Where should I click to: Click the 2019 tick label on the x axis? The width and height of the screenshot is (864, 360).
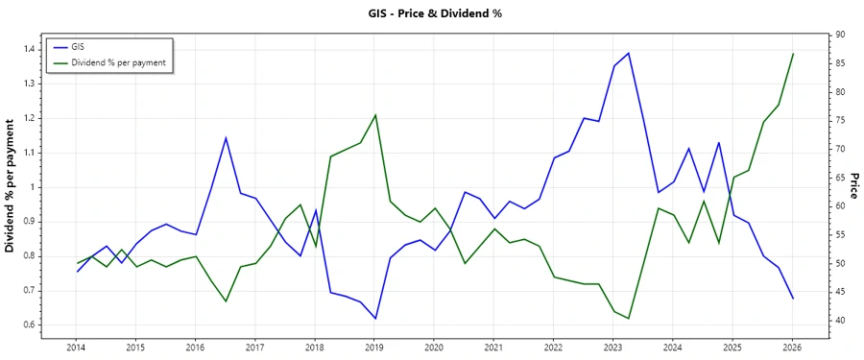[x=374, y=346]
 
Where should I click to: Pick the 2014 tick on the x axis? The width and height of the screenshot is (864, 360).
[x=76, y=346]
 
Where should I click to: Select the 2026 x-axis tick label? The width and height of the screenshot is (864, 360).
[x=792, y=346]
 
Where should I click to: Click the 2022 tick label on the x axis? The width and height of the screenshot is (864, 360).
[x=553, y=346]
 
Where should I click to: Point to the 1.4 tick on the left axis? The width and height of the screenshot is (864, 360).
[x=31, y=49]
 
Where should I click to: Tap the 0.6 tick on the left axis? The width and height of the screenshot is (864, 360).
[x=31, y=324]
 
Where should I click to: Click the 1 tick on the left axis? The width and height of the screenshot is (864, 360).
[x=36, y=187]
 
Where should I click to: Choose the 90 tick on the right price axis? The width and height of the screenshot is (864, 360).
[x=838, y=35]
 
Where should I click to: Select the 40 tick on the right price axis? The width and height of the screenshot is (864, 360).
[x=838, y=321]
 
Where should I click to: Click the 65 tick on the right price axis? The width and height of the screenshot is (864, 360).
[x=838, y=178]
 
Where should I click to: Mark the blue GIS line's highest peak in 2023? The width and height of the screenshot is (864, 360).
[x=628, y=53]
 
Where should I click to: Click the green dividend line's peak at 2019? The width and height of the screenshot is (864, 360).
[x=374, y=114]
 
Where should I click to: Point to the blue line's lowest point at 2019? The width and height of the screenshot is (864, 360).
[x=374, y=319]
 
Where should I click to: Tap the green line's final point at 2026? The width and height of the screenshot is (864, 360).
[x=793, y=54]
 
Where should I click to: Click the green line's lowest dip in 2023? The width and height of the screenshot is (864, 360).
[x=628, y=319]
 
